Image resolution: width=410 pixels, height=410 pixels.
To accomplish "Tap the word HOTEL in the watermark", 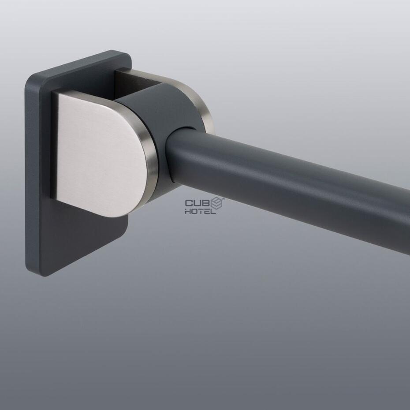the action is pyautogui.click(x=201, y=211).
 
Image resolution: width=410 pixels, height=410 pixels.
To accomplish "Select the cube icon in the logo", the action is pyautogui.click(x=216, y=203).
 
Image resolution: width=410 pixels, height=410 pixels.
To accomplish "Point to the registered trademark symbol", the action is pyautogui.click(x=224, y=199).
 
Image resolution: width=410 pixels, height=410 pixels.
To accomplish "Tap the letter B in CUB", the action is pyautogui.click(x=205, y=203).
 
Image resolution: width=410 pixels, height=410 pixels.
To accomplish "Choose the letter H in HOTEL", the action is pyautogui.click(x=188, y=211).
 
